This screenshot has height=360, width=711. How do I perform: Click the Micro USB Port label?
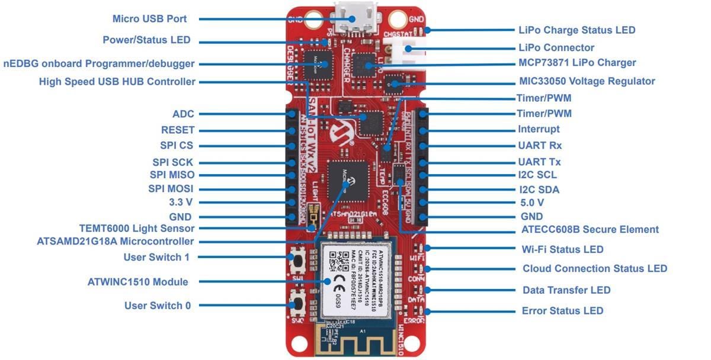pos(149,19)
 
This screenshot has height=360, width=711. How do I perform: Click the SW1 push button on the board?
pos(298,258)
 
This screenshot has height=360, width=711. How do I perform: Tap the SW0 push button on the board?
pos(298,305)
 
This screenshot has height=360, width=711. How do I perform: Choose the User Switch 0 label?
pos(158,306)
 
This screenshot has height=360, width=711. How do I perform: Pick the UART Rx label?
pos(540,145)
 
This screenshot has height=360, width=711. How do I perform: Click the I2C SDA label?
pos(539,189)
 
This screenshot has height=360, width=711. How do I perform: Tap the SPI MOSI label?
pos(171,189)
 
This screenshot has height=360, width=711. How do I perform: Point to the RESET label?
pos(178,130)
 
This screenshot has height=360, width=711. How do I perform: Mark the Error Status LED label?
pos(562,311)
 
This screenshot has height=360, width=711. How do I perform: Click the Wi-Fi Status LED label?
pos(562,249)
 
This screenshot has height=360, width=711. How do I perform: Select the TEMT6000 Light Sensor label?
pos(137,228)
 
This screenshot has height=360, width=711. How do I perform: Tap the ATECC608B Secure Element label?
pos(590,229)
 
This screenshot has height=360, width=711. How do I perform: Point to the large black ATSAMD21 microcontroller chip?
pos(350,178)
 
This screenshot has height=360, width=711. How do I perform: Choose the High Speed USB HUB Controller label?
pos(117,82)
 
